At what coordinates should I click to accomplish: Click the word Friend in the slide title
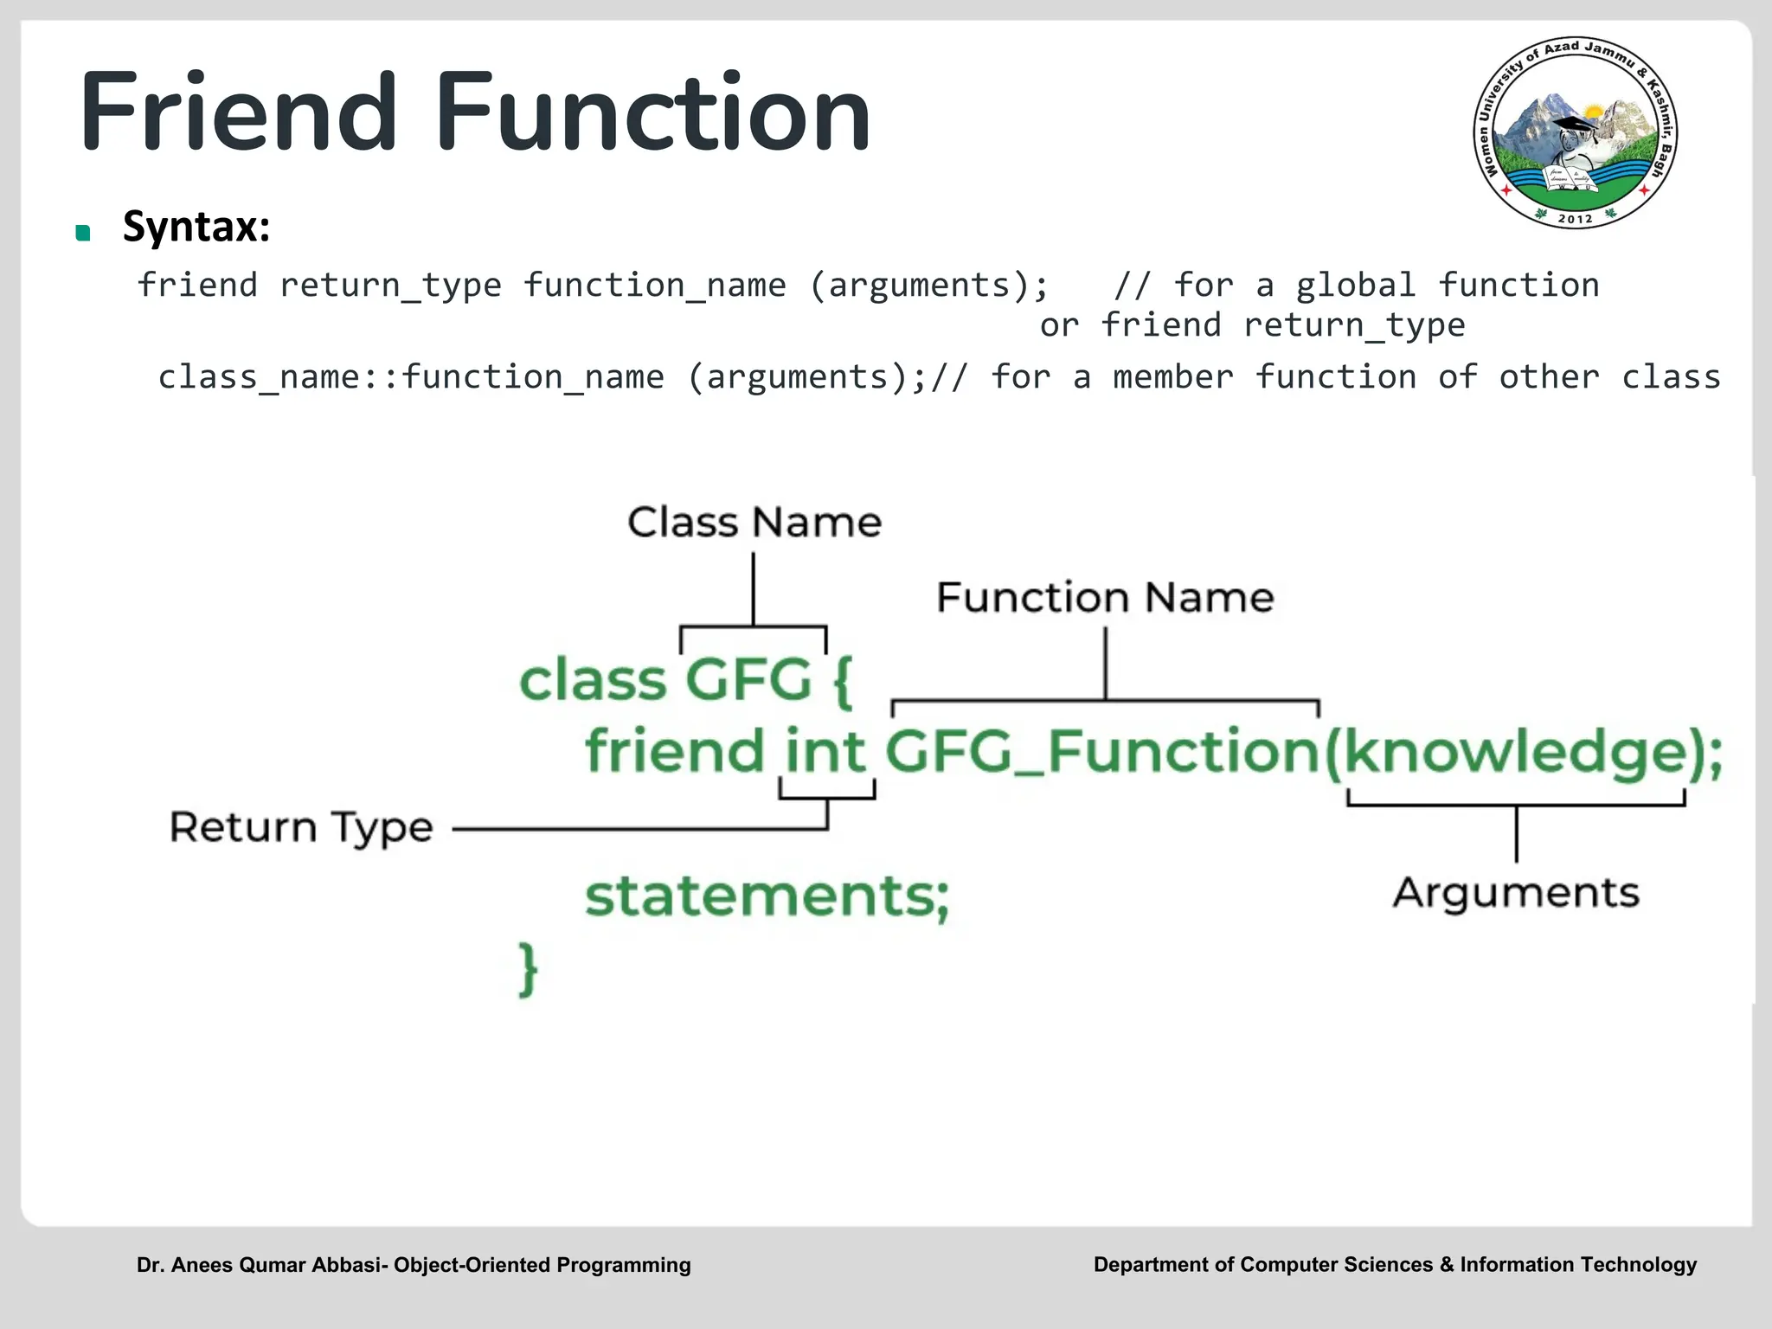click(x=238, y=112)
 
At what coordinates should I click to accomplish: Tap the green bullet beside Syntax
click(x=83, y=232)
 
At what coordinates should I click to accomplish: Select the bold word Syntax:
click(x=196, y=227)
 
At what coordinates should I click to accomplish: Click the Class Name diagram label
click(x=754, y=522)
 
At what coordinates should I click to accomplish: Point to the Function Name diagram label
click(x=1105, y=597)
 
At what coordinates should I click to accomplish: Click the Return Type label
click(x=300, y=827)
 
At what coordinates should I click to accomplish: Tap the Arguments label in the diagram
click(x=1515, y=892)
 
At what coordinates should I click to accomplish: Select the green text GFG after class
click(x=749, y=680)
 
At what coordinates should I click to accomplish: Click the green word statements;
click(x=767, y=896)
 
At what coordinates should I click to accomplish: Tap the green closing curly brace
click(x=528, y=969)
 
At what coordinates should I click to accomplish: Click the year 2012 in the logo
click(x=1575, y=219)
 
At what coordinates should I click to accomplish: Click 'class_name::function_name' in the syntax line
click(x=411, y=377)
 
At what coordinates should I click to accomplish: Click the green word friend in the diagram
click(x=675, y=750)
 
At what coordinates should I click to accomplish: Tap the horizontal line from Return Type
click(x=640, y=829)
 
